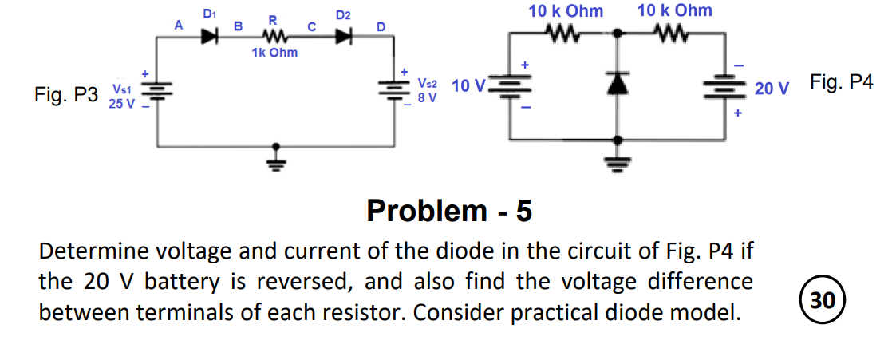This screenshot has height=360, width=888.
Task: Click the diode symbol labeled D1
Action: click(x=210, y=36)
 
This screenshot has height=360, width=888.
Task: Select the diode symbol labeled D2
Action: click(x=345, y=36)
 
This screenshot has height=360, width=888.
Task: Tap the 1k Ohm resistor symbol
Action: click(x=274, y=36)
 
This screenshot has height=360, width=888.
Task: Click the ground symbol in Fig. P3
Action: click(x=276, y=157)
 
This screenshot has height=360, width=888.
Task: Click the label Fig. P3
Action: click(x=66, y=96)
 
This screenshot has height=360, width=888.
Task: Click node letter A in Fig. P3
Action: click(x=179, y=26)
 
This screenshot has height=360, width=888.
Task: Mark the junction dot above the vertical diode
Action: click(x=618, y=34)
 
